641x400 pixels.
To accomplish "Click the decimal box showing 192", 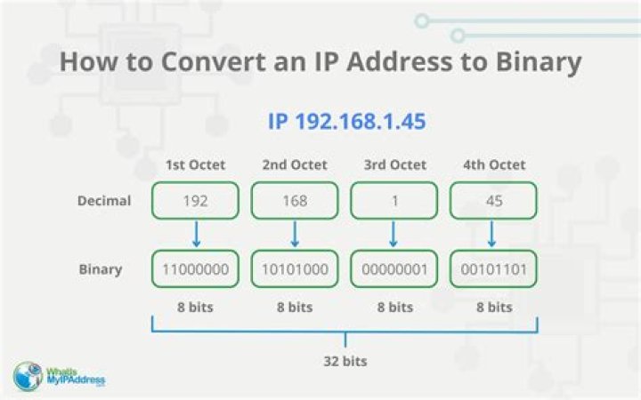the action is click(195, 200).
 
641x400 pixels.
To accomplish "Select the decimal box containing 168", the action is click(295, 200).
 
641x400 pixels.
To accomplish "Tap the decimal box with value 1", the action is click(394, 200).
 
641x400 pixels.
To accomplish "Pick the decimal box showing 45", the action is click(493, 200).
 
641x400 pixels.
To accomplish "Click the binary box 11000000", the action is click(195, 269).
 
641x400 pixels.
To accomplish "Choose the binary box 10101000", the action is click(295, 269).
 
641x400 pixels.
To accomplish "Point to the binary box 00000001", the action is click(394, 269).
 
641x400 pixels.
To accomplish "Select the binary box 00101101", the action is click(493, 269).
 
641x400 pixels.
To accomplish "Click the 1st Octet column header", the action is click(195, 165).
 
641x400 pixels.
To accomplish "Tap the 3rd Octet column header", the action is click(395, 165).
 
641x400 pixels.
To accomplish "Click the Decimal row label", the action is click(104, 201).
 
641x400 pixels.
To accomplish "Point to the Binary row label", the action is click(101, 270).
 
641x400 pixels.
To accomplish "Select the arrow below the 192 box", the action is click(196, 234).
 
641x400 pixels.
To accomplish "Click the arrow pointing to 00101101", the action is click(492, 234).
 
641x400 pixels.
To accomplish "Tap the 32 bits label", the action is click(345, 361).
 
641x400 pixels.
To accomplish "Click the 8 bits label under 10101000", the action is click(295, 308).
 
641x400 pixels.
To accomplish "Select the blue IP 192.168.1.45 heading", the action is click(346, 121).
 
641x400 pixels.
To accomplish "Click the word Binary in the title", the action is click(539, 62).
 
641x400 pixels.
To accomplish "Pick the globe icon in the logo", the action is click(28, 376).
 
